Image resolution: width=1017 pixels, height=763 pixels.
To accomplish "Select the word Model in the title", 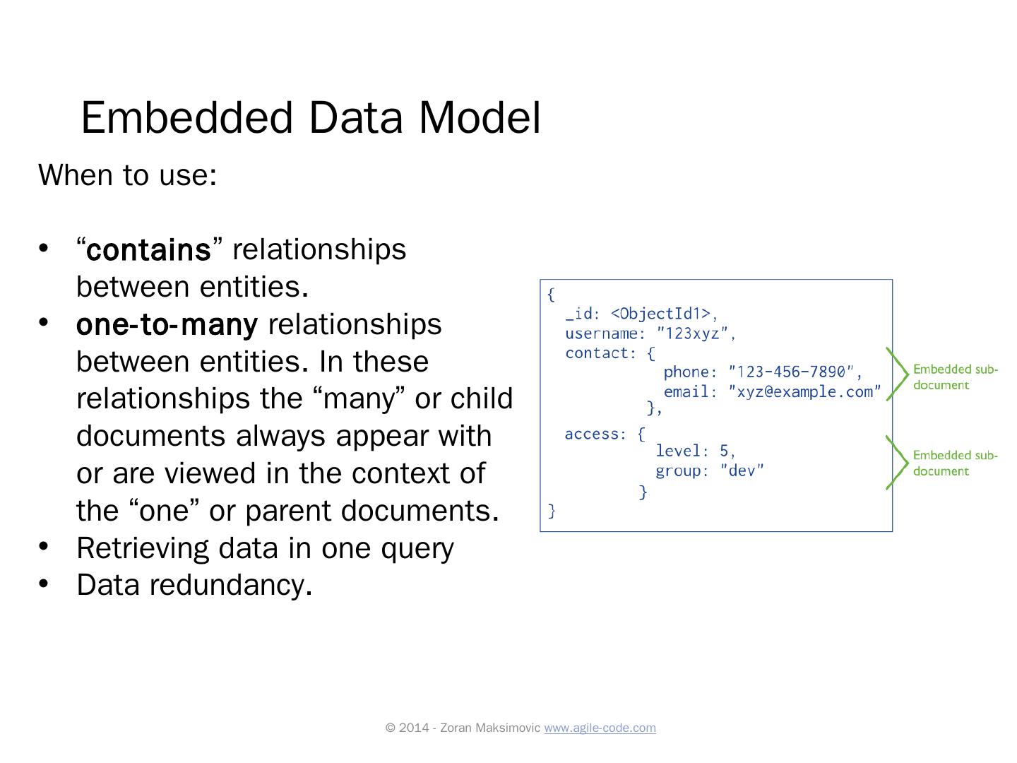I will pyautogui.click(x=480, y=117).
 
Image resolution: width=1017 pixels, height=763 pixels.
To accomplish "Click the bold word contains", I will pyautogui.click(x=149, y=250).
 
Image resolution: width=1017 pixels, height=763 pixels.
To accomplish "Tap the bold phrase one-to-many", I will pyautogui.click(x=167, y=325).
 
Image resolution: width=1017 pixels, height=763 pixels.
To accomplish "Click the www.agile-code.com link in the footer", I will pyautogui.click(x=600, y=728).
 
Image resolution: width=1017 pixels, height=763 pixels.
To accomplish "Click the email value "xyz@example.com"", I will pyautogui.click(x=804, y=392).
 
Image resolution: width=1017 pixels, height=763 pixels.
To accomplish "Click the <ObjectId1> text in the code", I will pyautogui.click(x=660, y=314).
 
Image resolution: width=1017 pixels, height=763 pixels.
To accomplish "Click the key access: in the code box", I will pyautogui.click(x=595, y=434).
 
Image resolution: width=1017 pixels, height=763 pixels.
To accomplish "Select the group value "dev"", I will pyautogui.click(x=742, y=471).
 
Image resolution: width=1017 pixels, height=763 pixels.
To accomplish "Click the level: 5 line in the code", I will pyautogui.click(x=695, y=451).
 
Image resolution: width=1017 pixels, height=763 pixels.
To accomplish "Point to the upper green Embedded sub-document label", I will pyautogui.click(x=954, y=377).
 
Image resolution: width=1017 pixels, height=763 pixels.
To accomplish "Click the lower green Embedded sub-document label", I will pyautogui.click(x=954, y=463).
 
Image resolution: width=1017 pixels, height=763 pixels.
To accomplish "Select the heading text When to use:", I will pyautogui.click(x=127, y=175).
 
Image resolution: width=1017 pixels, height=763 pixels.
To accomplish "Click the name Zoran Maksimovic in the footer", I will pyautogui.click(x=490, y=728).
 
